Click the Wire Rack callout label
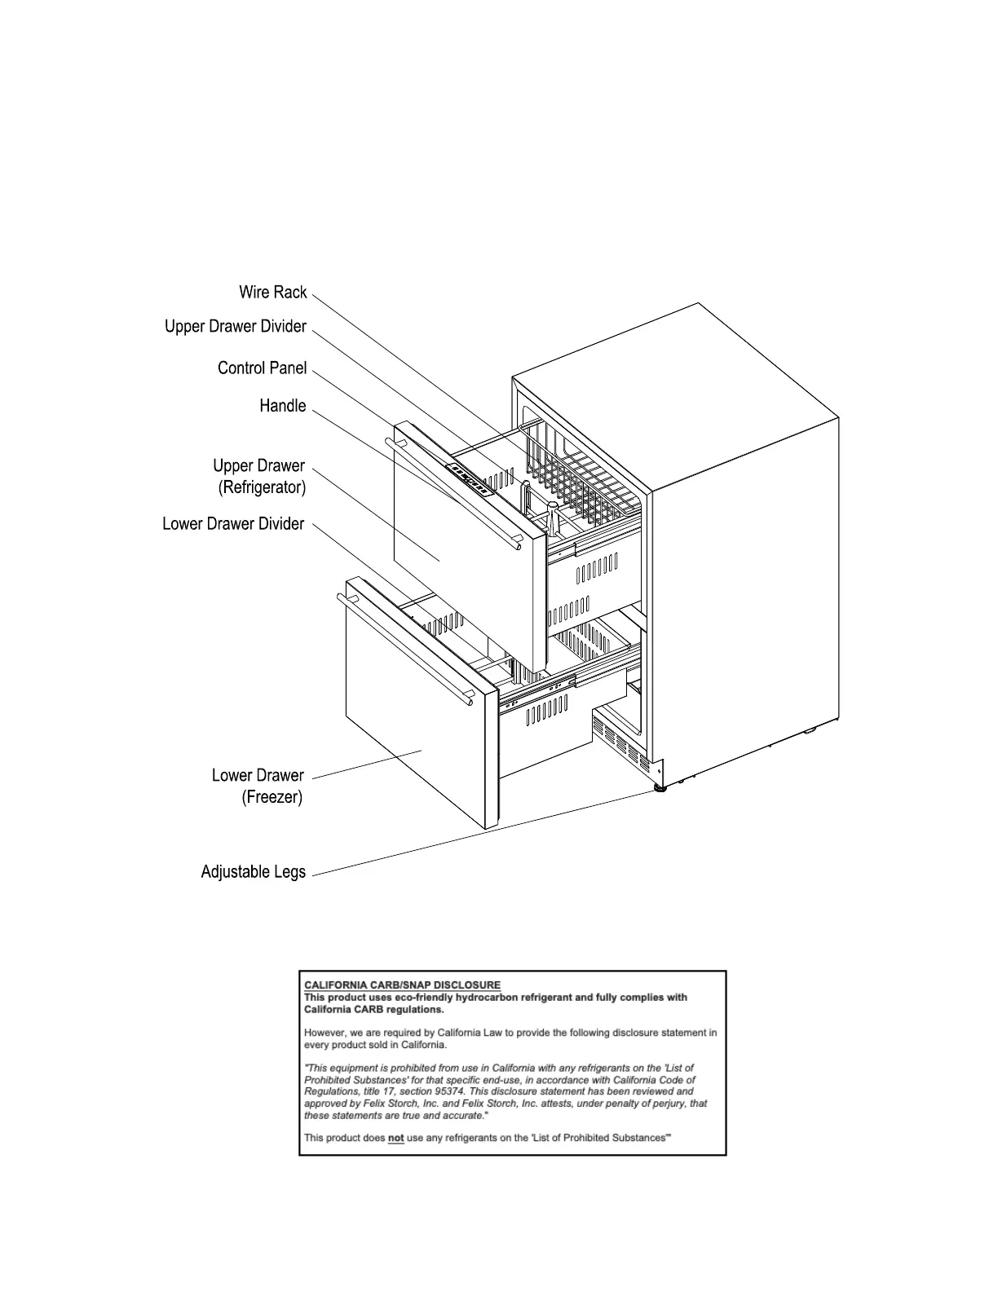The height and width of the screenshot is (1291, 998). (x=272, y=293)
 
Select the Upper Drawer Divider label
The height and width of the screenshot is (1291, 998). (x=235, y=327)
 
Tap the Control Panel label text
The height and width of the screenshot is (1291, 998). (x=262, y=368)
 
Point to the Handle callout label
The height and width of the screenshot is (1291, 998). (x=282, y=406)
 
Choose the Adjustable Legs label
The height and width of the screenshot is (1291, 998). (x=253, y=872)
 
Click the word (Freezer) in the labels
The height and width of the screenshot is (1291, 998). (x=272, y=797)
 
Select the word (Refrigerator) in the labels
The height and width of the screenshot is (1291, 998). (x=261, y=487)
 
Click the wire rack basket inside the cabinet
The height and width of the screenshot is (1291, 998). (x=583, y=473)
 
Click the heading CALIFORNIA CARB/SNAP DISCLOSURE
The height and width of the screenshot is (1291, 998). (x=402, y=985)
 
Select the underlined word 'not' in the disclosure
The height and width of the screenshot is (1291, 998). (x=395, y=1138)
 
